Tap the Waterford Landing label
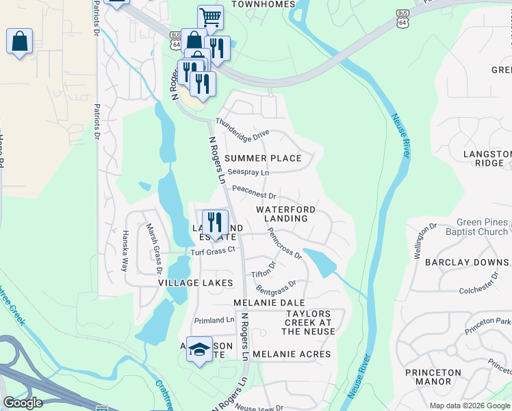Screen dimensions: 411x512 point(286,214)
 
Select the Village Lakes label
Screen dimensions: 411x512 point(196,282)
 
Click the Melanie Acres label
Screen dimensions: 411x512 point(292,354)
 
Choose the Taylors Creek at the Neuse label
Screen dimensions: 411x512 point(309,323)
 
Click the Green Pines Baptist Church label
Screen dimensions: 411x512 point(473,227)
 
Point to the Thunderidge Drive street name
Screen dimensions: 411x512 point(242,129)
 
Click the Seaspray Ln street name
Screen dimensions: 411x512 point(248,172)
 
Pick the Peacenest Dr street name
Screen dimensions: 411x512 point(253,196)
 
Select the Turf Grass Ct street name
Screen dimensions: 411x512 point(213,251)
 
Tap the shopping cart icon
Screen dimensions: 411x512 point(210,17)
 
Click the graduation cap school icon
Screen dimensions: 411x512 point(200,349)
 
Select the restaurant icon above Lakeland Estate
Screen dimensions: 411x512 point(215,222)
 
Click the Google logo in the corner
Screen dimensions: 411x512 point(23,403)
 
